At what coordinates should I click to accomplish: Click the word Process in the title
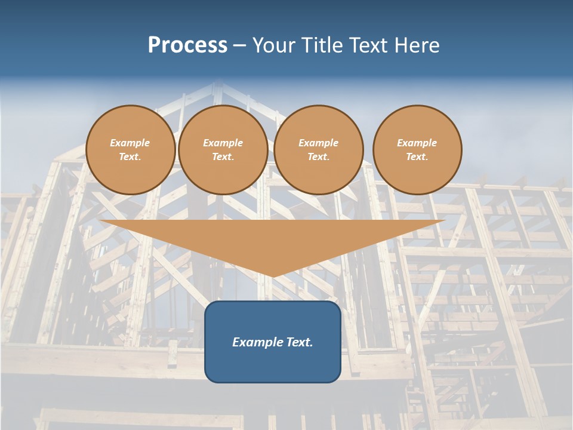point(187,45)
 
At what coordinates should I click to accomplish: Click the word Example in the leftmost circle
point(130,143)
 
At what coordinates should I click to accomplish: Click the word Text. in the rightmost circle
point(417,157)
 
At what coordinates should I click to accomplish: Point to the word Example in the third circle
point(318,143)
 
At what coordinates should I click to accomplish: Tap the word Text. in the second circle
point(223,157)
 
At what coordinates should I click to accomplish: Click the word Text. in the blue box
point(298,342)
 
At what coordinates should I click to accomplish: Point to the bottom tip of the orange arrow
point(273,277)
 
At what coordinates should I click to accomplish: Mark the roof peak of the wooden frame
point(217,84)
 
